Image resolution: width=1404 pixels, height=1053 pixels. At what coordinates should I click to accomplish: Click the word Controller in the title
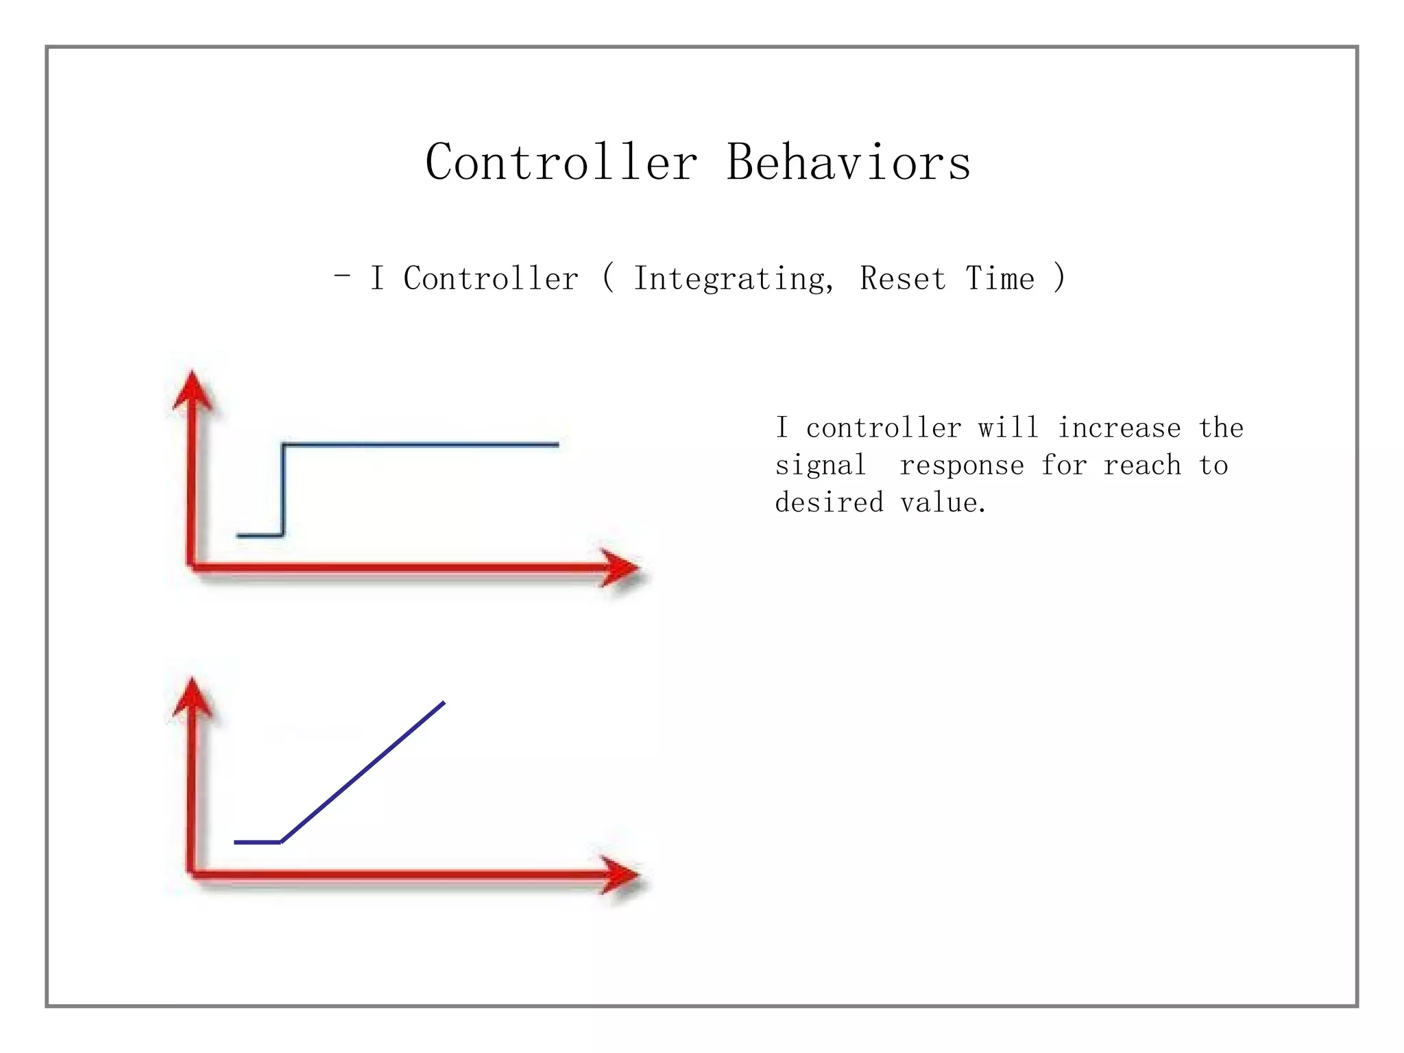pos(561,162)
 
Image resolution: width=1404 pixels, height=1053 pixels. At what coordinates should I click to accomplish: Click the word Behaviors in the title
pos(848,162)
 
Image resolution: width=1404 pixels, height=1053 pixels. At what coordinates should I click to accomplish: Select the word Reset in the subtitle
pos(903,279)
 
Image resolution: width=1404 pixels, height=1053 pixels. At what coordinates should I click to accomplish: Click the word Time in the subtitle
pos(1000,279)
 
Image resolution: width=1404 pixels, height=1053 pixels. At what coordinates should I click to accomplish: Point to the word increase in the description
pos(1119,428)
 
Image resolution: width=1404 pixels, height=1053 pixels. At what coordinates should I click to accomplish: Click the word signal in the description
pos(821,466)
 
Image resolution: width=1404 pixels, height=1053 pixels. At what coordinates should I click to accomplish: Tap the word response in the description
pos(961,466)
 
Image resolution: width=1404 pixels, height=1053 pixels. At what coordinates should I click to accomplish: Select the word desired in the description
pos(829,503)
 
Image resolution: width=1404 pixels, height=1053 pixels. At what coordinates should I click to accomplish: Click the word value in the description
pos(943,503)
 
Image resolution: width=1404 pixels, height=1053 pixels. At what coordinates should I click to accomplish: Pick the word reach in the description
pos(1142,466)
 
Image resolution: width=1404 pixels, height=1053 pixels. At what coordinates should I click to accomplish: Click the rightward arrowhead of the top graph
pos(620,568)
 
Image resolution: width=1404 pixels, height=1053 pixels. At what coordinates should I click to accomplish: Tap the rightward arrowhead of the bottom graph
pos(620,874)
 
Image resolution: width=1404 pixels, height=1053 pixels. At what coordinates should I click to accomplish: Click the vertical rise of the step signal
pos(282,490)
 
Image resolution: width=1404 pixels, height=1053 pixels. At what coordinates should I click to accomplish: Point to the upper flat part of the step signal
pos(420,445)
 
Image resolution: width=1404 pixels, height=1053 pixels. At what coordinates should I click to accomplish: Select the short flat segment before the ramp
pos(257,842)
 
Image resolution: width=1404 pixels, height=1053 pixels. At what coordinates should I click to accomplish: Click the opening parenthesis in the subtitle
pos(607,278)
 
